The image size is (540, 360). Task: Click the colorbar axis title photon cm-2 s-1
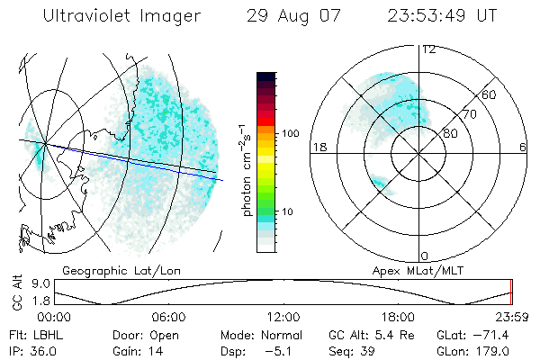245,166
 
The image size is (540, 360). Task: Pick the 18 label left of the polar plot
319,147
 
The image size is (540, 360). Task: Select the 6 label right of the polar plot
523,147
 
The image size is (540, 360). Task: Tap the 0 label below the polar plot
425,256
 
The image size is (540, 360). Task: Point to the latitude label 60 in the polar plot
490,94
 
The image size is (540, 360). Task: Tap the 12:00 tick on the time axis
283,317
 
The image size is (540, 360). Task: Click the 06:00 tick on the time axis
168,317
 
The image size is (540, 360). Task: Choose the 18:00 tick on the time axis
398,317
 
